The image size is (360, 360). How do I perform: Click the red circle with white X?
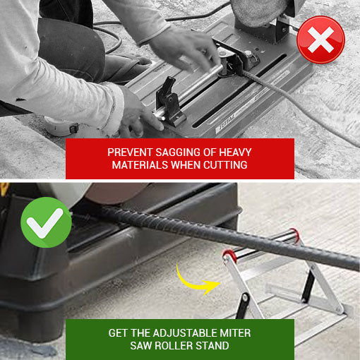pos(321,40)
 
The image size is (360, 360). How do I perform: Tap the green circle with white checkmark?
pos(46,222)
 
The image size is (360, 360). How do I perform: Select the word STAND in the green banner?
pos(213,346)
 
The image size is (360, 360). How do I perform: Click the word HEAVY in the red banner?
pos(234,152)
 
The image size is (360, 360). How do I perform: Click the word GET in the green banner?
pos(119,332)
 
